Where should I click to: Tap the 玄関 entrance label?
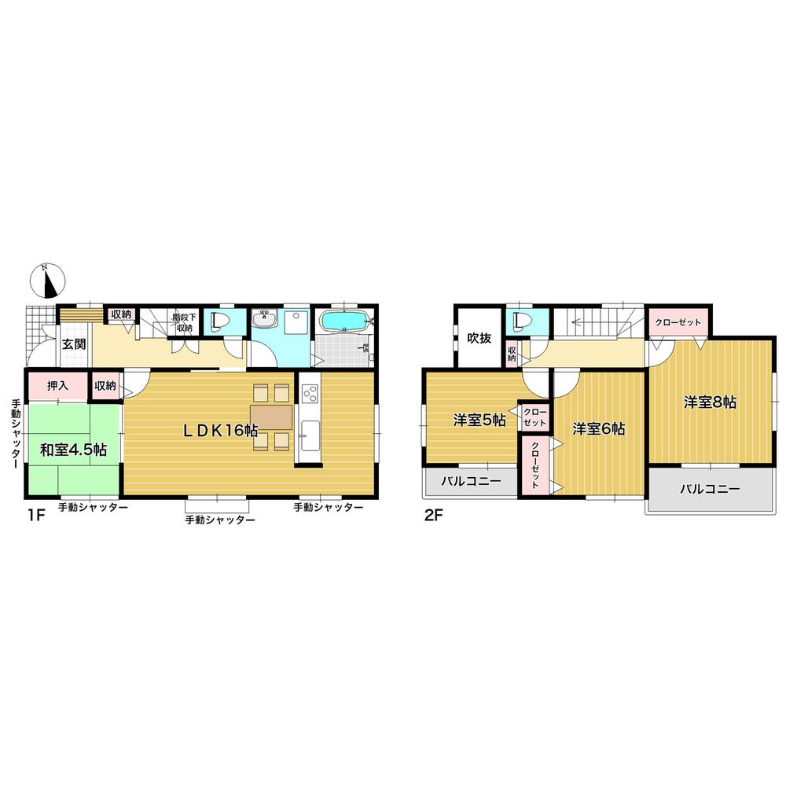(x=74, y=343)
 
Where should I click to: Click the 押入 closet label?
(x=57, y=386)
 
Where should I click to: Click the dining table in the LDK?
(x=271, y=417)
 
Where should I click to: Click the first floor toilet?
(x=220, y=322)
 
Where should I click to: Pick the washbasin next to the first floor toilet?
(x=265, y=321)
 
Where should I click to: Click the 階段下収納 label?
(x=183, y=322)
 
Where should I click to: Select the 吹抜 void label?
(x=479, y=338)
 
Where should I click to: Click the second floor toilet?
(x=519, y=322)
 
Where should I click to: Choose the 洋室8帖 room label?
(x=709, y=402)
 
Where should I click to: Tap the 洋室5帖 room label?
(x=479, y=421)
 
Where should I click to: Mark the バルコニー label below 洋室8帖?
(x=710, y=489)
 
